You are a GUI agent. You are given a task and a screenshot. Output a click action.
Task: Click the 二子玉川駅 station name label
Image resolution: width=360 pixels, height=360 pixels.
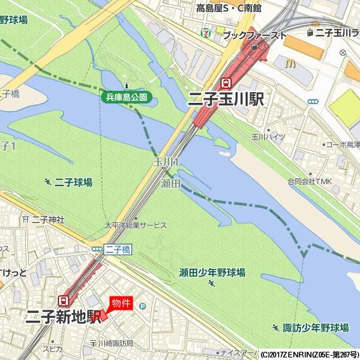coord(226,99)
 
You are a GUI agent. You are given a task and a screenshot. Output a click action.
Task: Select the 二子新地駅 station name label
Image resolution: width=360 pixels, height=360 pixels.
coord(63,317)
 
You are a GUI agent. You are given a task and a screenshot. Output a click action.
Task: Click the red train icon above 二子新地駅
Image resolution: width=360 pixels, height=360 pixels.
coord(64,300)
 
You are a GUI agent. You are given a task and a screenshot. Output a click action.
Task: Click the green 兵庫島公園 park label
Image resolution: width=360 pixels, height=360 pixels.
coord(126,97)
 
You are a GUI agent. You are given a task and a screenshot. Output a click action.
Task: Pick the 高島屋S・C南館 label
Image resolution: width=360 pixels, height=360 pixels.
coord(229,8)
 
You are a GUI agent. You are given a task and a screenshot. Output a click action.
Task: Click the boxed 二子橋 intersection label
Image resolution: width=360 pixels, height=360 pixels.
coord(117,250)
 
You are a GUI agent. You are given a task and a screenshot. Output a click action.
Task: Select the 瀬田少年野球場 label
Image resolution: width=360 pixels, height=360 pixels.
coord(212,272)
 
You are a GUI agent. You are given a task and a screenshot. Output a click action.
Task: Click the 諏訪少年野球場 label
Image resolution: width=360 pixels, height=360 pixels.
coord(315,328)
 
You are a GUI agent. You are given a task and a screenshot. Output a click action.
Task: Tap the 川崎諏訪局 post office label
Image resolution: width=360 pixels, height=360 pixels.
coord(115,343)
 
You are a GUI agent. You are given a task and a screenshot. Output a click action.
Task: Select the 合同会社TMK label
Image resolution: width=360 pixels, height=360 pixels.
coord(309,182)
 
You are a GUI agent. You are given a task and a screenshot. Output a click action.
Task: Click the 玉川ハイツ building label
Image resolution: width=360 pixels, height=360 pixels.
coord(269,137)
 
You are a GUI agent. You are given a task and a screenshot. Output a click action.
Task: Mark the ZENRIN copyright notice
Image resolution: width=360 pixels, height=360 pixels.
coord(309,354)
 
